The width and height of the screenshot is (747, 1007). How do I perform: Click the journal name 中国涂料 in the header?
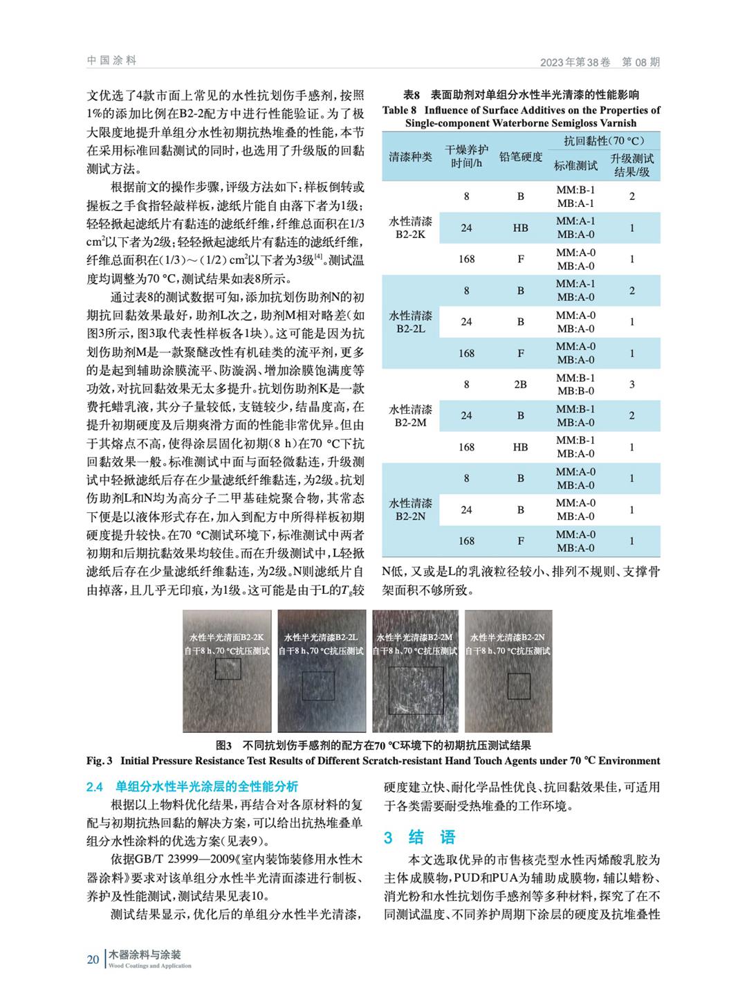112,60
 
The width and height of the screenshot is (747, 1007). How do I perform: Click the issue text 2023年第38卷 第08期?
600,62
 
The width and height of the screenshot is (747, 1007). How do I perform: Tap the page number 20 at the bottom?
93,959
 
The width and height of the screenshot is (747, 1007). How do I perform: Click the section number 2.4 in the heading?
94,787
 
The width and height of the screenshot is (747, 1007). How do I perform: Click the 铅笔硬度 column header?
520,157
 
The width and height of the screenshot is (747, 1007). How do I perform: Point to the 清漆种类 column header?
411,157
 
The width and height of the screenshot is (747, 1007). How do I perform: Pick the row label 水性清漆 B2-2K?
411,228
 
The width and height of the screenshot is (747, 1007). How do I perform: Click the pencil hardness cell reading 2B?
520,384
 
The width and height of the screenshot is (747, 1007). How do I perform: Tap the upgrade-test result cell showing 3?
631,384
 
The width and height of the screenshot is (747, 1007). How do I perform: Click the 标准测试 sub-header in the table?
575,166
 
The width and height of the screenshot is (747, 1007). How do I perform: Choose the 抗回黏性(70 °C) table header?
600,140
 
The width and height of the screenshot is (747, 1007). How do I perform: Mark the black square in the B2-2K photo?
228,669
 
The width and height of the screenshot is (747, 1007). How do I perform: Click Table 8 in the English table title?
400,110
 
